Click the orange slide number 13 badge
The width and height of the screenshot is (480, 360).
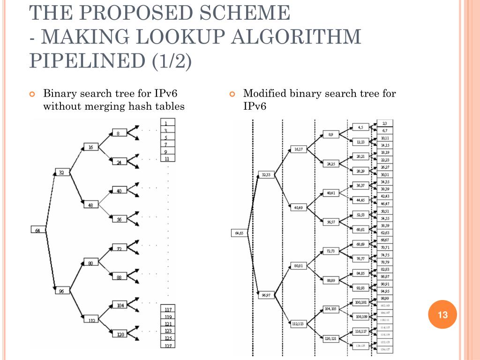coord(443,315)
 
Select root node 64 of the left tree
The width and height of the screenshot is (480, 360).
coord(37,230)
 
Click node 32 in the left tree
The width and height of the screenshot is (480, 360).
coord(61,172)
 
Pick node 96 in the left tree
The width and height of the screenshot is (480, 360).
coord(61,291)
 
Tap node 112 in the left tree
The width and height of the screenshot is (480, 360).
coord(91,321)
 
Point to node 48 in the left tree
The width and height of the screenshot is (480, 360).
coord(91,204)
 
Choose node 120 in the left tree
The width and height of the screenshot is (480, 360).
coord(120,334)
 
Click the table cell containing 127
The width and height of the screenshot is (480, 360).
coord(168,345)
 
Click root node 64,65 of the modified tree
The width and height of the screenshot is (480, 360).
coord(239,233)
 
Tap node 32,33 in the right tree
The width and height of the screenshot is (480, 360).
coord(266,175)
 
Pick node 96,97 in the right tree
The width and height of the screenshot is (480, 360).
coord(266,295)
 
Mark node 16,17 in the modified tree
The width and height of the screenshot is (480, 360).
coord(299,149)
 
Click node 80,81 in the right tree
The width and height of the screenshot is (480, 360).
coord(299,266)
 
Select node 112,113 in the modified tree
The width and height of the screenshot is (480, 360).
coord(299,324)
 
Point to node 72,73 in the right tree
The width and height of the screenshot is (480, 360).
coord(331,251)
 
